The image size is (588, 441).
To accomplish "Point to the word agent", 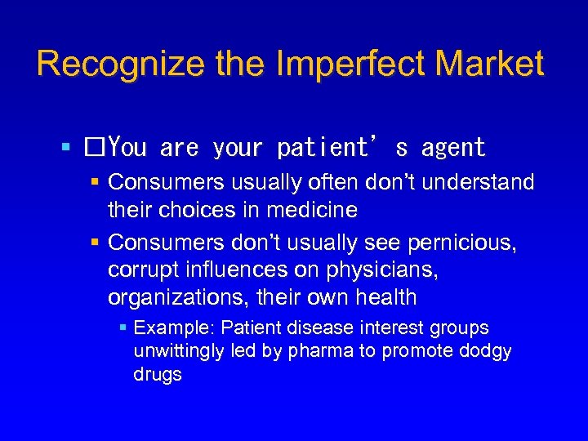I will click(x=453, y=148).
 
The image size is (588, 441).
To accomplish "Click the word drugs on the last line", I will click(x=158, y=375).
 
